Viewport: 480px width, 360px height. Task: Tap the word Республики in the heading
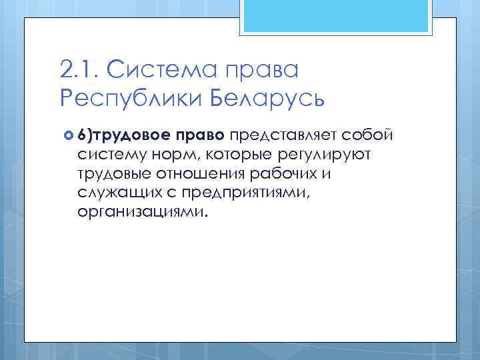click(130, 100)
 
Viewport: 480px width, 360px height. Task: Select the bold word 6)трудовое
click(123, 137)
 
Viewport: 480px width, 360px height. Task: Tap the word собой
click(373, 136)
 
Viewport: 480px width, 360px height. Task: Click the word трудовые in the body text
click(114, 175)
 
